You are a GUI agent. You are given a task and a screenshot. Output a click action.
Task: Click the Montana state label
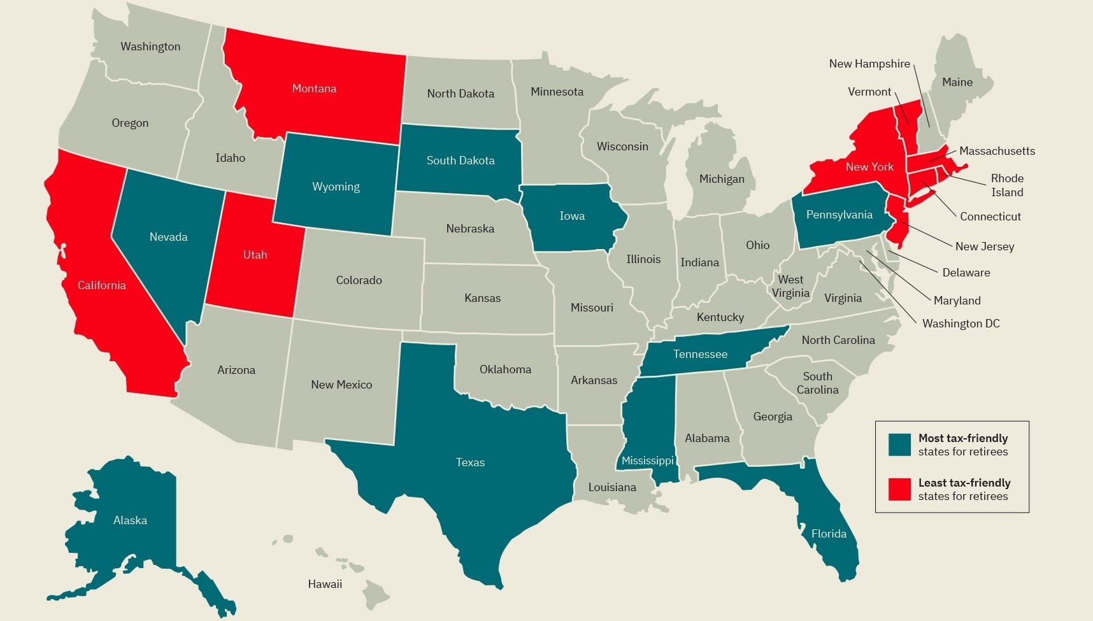(x=314, y=89)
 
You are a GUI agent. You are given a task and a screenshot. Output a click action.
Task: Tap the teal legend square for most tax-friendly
(x=899, y=445)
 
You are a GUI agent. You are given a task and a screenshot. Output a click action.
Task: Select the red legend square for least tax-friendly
(x=899, y=489)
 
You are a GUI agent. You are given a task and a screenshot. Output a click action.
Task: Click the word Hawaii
(x=325, y=584)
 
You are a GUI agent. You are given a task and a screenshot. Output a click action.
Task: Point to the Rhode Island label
(x=1007, y=185)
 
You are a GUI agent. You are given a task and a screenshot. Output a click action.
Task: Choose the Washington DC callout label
(x=961, y=324)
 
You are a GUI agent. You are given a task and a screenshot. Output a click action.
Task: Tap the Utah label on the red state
(x=255, y=255)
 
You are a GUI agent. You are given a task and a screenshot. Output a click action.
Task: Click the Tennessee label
(x=700, y=354)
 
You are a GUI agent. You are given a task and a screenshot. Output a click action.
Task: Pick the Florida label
(x=829, y=534)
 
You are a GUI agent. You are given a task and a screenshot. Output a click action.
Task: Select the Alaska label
(x=130, y=520)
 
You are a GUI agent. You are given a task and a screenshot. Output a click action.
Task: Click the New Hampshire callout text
(x=869, y=64)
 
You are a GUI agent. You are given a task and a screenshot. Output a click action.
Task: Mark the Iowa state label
(x=572, y=216)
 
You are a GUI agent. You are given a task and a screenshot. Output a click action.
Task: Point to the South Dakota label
(x=461, y=161)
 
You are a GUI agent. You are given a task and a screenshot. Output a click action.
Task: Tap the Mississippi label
(x=648, y=460)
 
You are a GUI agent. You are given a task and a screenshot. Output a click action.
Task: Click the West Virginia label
(x=790, y=286)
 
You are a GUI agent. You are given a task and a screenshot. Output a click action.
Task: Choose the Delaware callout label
(x=966, y=273)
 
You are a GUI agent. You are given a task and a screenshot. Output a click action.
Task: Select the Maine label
(x=957, y=82)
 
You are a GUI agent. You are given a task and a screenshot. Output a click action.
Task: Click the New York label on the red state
(x=869, y=167)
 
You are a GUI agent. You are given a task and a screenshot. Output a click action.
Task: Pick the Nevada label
(x=168, y=237)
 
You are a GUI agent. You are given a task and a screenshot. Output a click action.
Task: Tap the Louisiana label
(x=612, y=487)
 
